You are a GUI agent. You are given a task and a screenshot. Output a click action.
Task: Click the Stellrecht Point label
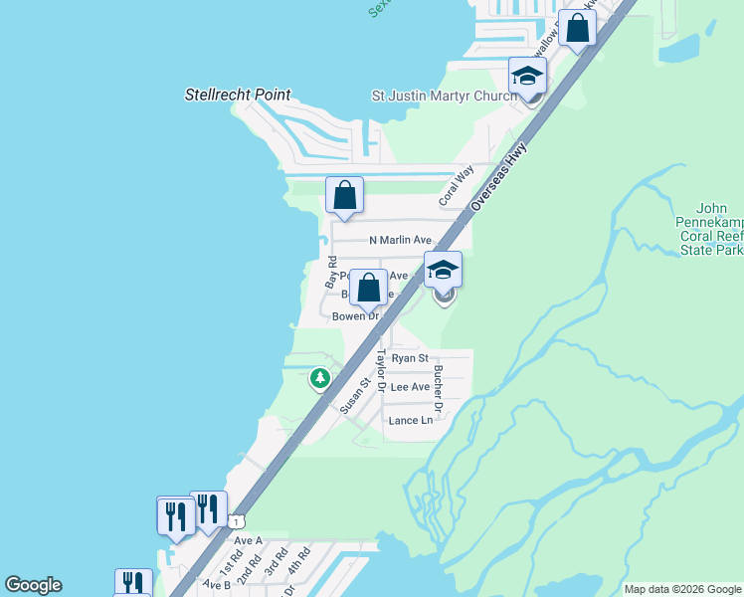(238, 96)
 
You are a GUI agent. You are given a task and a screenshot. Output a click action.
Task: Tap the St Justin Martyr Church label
(443, 96)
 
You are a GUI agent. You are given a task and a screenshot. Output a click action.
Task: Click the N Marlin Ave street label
(401, 240)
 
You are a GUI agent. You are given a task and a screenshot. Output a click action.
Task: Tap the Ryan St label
(410, 358)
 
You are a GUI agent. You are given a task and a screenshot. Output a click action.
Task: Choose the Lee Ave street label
(410, 387)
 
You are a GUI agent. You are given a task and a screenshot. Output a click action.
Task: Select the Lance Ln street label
(411, 421)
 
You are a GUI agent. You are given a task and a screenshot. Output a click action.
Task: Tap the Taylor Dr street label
(380, 371)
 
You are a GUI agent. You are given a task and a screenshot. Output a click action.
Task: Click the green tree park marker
(319, 378)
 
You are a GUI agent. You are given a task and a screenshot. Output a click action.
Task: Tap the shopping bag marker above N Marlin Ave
(344, 195)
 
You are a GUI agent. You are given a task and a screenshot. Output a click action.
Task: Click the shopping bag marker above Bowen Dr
(368, 289)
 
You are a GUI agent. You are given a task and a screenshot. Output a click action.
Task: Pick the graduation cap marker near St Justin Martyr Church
(528, 76)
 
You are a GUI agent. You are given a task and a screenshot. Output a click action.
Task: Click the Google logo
(33, 585)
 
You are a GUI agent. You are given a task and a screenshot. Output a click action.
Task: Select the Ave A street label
(248, 540)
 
